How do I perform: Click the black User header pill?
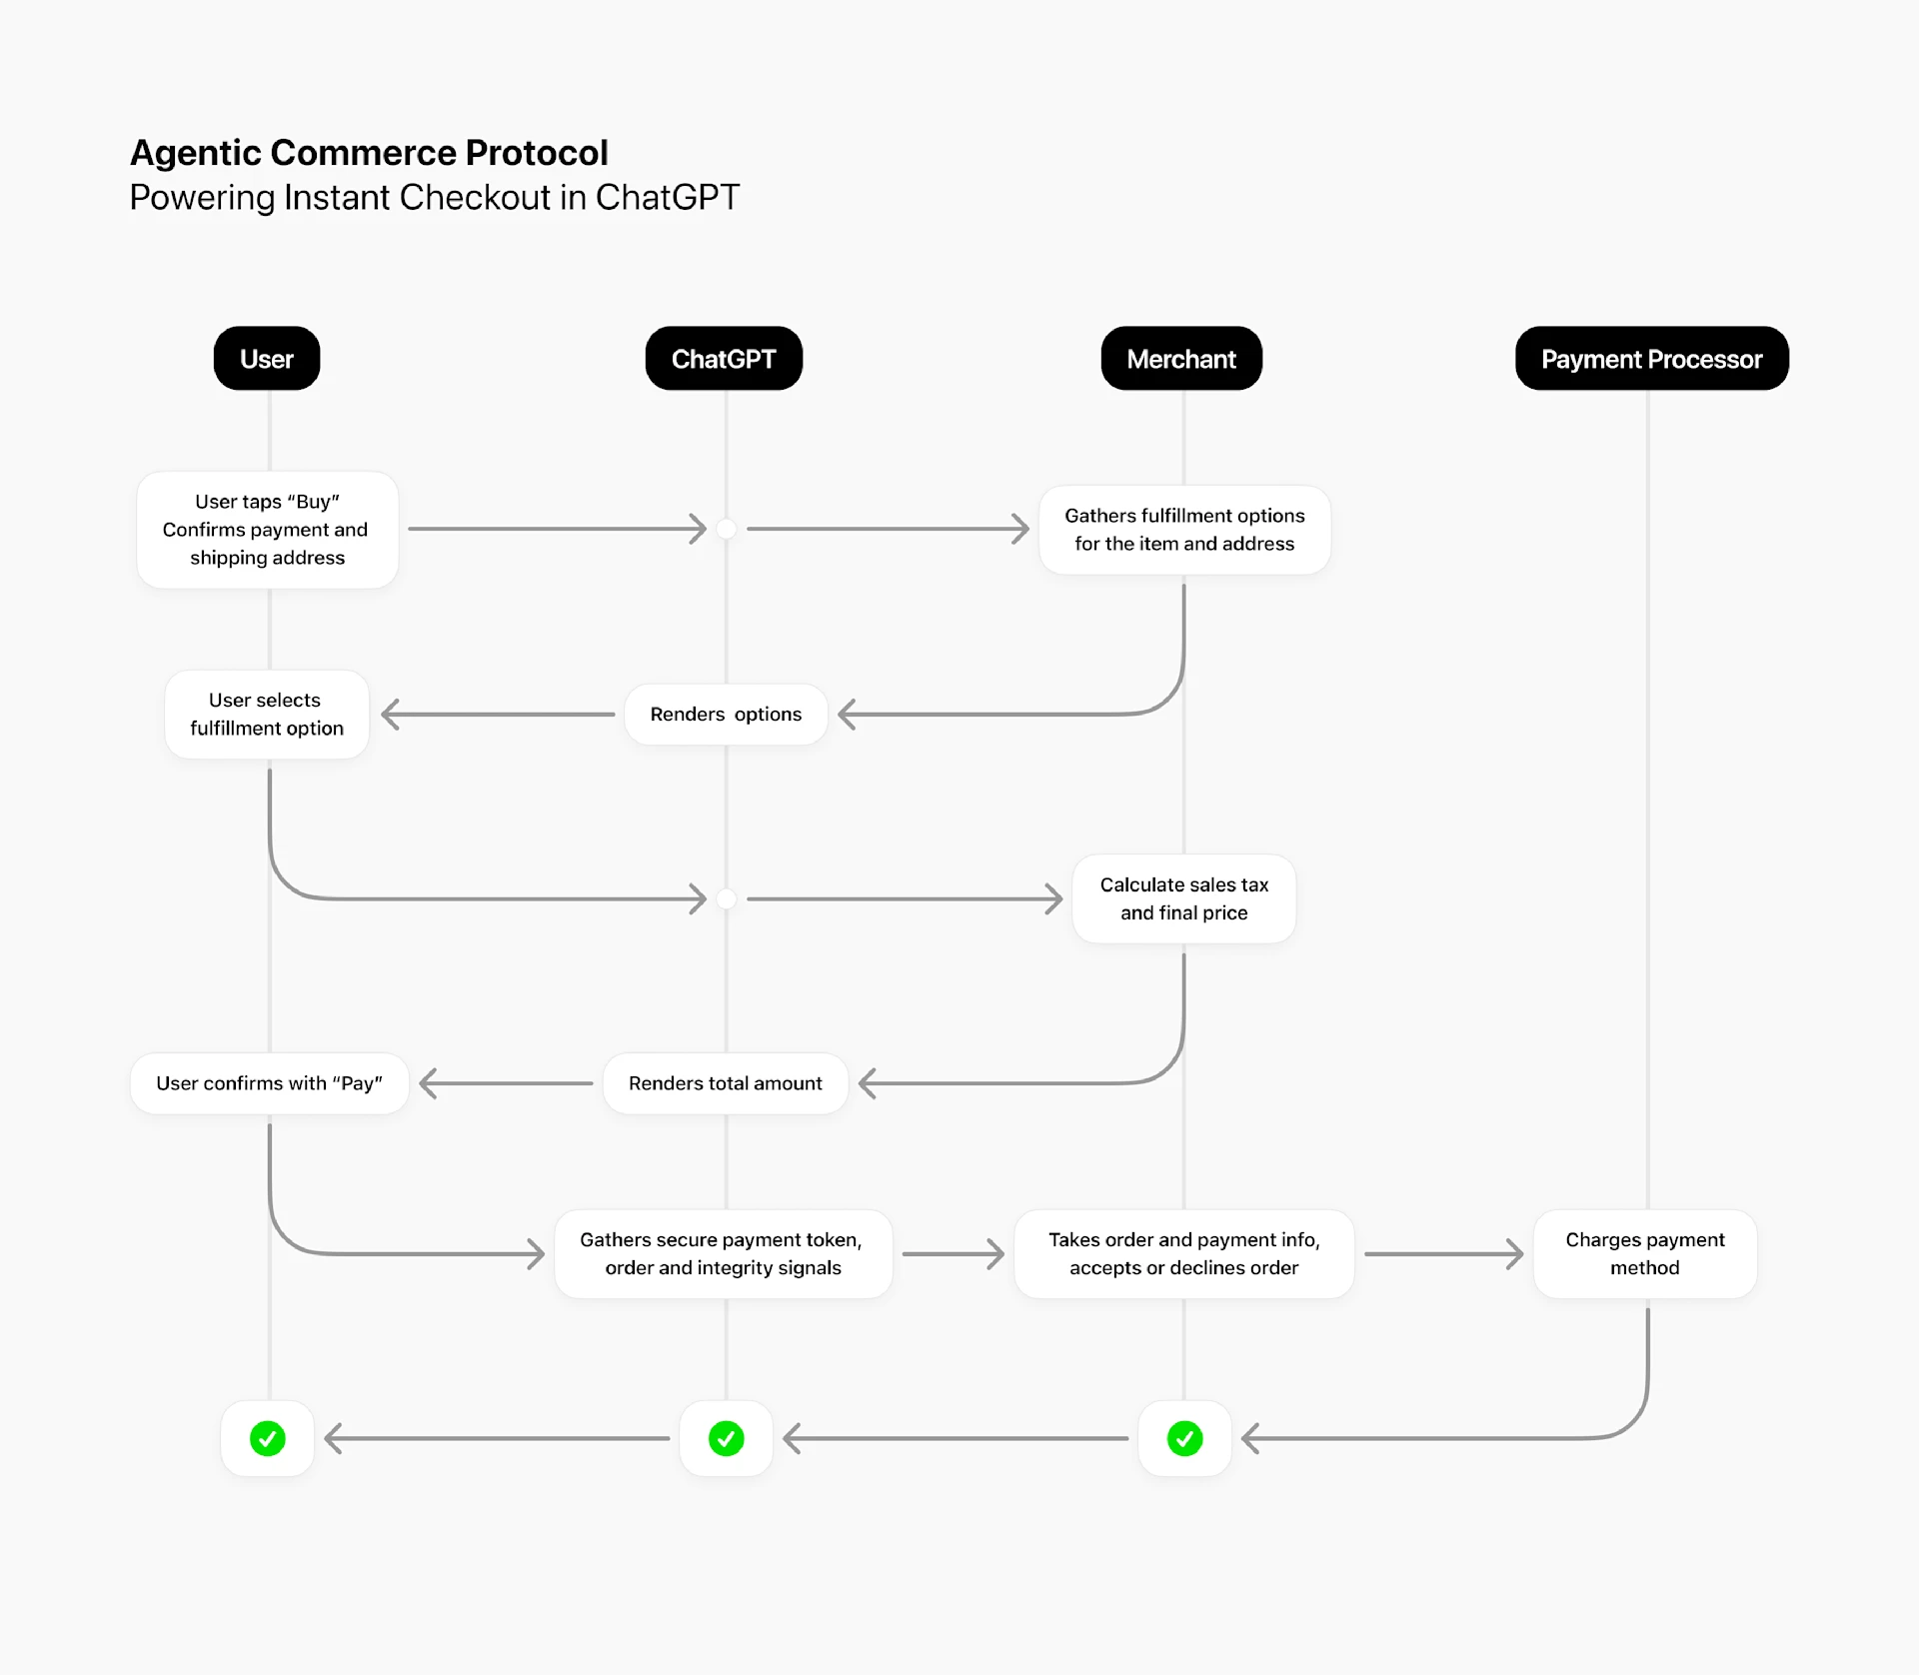[x=267, y=359]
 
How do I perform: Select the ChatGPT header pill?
[x=724, y=359]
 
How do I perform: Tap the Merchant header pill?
[x=1181, y=359]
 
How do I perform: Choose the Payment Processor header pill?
[x=1651, y=359]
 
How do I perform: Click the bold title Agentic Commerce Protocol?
[x=369, y=153]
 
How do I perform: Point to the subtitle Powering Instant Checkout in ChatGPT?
[x=434, y=198]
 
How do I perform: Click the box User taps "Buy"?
[x=267, y=530]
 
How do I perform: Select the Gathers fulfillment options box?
[x=1184, y=530]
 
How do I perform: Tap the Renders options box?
[x=726, y=715]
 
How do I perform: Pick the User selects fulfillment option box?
[x=267, y=715]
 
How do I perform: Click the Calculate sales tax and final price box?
[x=1184, y=898]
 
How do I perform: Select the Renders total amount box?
[x=726, y=1083]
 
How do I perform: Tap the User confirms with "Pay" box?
[x=269, y=1083]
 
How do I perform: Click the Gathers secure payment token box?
[x=723, y=1254]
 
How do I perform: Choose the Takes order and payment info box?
[x=1184, y=1254]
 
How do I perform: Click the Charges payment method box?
[x=1645, y=1254]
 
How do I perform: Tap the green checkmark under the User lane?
[x=267, y=1439]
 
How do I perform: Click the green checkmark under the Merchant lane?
[x=1184, y=1439]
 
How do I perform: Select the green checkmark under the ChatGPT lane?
[x=726, y=1439]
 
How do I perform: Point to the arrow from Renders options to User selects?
[x=498, y=715]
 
